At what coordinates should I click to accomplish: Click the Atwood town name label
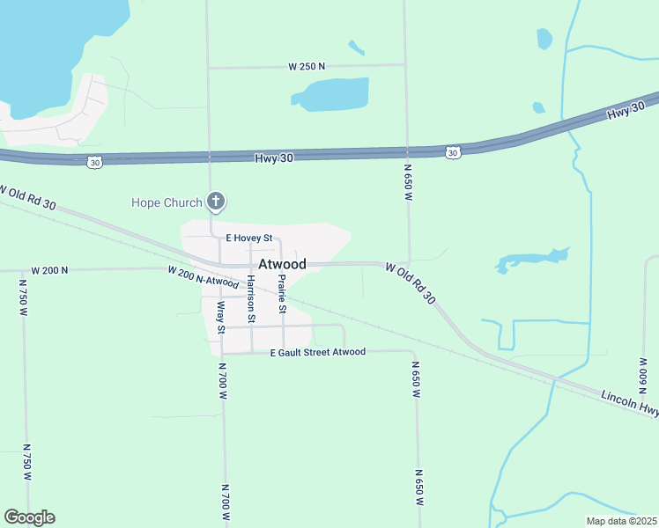(x=282, y=264)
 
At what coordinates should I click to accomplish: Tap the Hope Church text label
(x=167, y=203)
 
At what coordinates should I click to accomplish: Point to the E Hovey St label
(x=251, y=238)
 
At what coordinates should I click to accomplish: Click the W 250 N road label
(x=307, y=66)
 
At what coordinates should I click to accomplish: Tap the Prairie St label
(x=282, y=294)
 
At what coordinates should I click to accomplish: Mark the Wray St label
(x=221, y=317)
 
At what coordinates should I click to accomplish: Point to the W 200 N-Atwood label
(x=204, y=276)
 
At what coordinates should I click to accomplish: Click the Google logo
(x=29, y=517)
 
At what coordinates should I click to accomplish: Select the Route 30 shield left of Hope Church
(x=95, y=161)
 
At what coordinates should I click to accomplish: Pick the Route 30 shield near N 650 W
(x=452, y=152)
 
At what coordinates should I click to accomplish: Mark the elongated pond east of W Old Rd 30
(x=529, y=260)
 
